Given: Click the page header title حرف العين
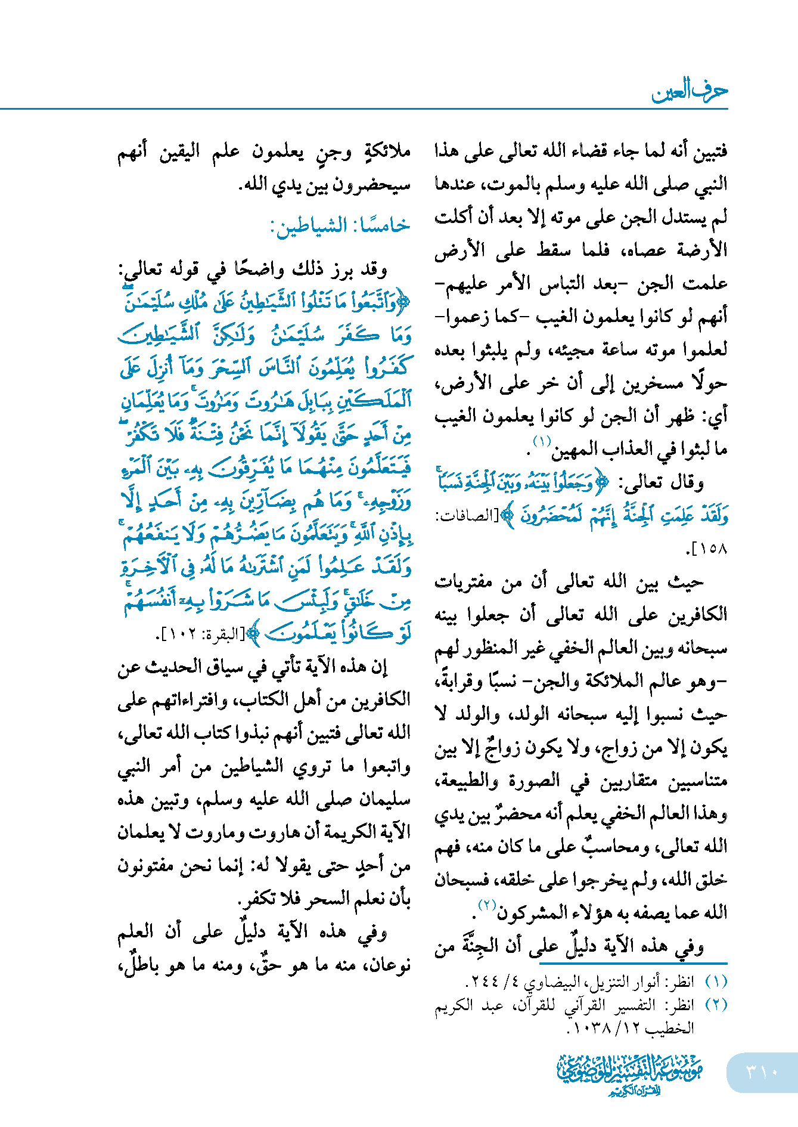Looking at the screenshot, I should [690, 91].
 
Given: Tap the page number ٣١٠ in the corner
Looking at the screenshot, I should [762, 1072].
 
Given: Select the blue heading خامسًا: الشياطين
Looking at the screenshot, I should [340, 225].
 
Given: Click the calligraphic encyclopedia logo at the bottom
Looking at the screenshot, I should [631, 1073].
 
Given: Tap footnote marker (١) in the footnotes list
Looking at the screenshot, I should [716, 981].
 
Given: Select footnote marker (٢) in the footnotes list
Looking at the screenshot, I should [716, 1005].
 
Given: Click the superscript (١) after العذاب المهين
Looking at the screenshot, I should [542, 442].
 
